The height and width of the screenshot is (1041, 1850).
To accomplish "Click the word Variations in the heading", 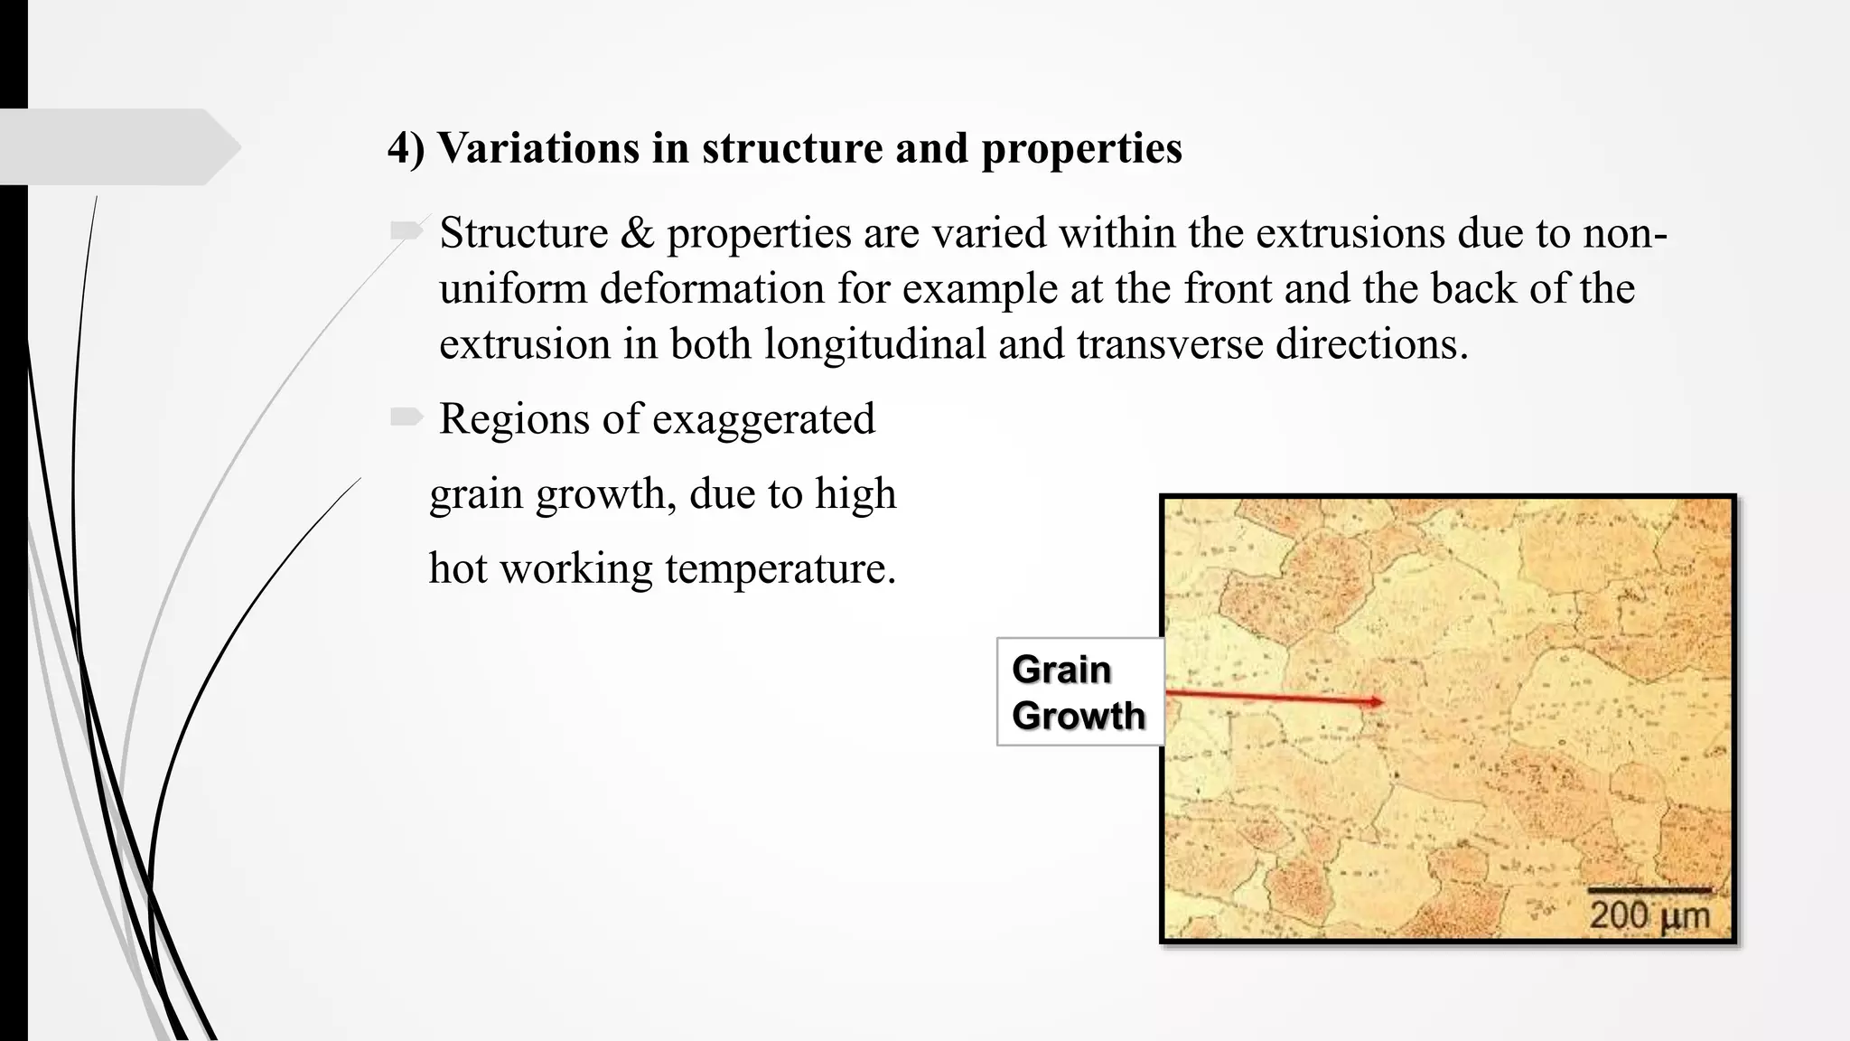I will (x=538, y=148).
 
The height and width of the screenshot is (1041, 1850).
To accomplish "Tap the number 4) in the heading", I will (x=406, y=148).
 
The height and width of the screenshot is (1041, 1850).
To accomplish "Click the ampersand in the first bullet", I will (x=637, y=233).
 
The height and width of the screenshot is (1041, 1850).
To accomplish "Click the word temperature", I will (x=780, y=569).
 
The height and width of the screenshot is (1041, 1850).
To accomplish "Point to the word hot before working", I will (x=458, y=569).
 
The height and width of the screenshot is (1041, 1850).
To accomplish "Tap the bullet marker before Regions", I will (x=406, y=417).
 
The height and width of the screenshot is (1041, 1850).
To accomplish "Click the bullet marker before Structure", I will (x=406, y=231).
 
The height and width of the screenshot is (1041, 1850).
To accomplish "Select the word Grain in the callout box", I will (x=1061, y=670).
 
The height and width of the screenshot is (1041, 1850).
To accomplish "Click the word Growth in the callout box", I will (x=1079, y=716).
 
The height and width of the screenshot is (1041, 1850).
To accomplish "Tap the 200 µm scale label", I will (x=1649, y=915).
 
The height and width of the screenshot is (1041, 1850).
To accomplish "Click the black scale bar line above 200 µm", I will (x=1649, y=891).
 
